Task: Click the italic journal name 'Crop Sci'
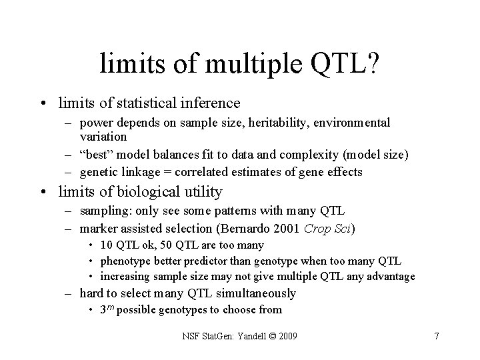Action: (328, 229)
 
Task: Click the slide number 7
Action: (436, 336)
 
